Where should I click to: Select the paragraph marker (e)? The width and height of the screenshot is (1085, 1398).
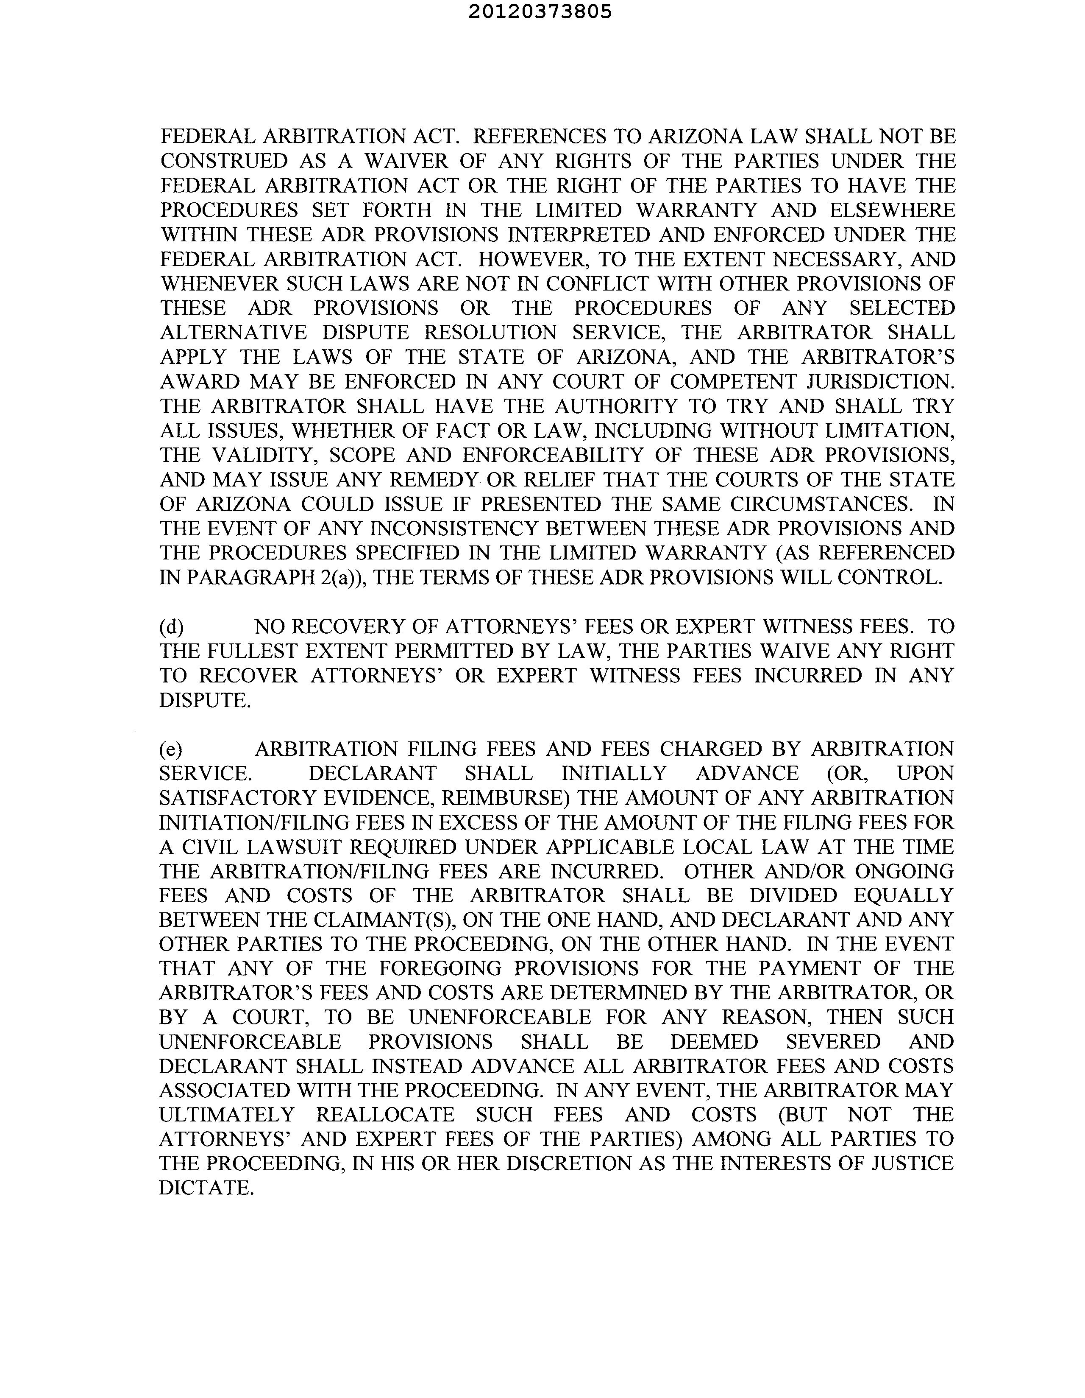click(x=171, y=749)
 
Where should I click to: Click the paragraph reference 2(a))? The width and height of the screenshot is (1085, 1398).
click(x=342, y=577)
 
